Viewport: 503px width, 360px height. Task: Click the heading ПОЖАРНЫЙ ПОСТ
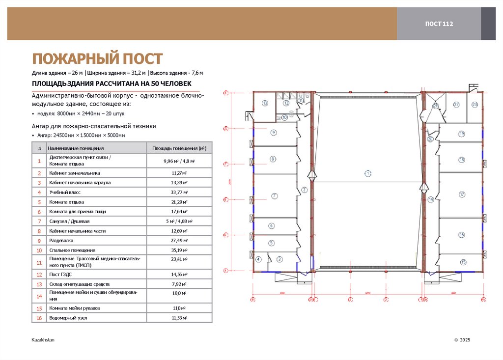97,59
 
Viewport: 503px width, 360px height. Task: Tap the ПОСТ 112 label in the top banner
439,24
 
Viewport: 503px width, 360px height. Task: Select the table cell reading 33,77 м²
179,192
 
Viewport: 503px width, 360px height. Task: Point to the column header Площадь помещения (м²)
179,148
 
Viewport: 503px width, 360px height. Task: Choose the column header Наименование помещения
76,148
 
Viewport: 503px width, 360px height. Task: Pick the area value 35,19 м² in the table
179,250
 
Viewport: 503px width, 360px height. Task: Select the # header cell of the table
39,148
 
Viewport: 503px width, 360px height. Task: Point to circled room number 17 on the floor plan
461,194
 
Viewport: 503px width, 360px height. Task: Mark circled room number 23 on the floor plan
475,105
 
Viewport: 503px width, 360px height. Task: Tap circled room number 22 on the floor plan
456,105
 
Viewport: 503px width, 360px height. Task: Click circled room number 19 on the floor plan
461,134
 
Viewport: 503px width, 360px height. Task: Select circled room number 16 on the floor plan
461,235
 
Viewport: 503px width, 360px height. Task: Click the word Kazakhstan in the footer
43,340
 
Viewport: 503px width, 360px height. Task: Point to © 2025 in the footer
462,340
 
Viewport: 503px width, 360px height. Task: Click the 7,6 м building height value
197,73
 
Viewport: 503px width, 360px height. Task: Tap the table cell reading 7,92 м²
179,284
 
